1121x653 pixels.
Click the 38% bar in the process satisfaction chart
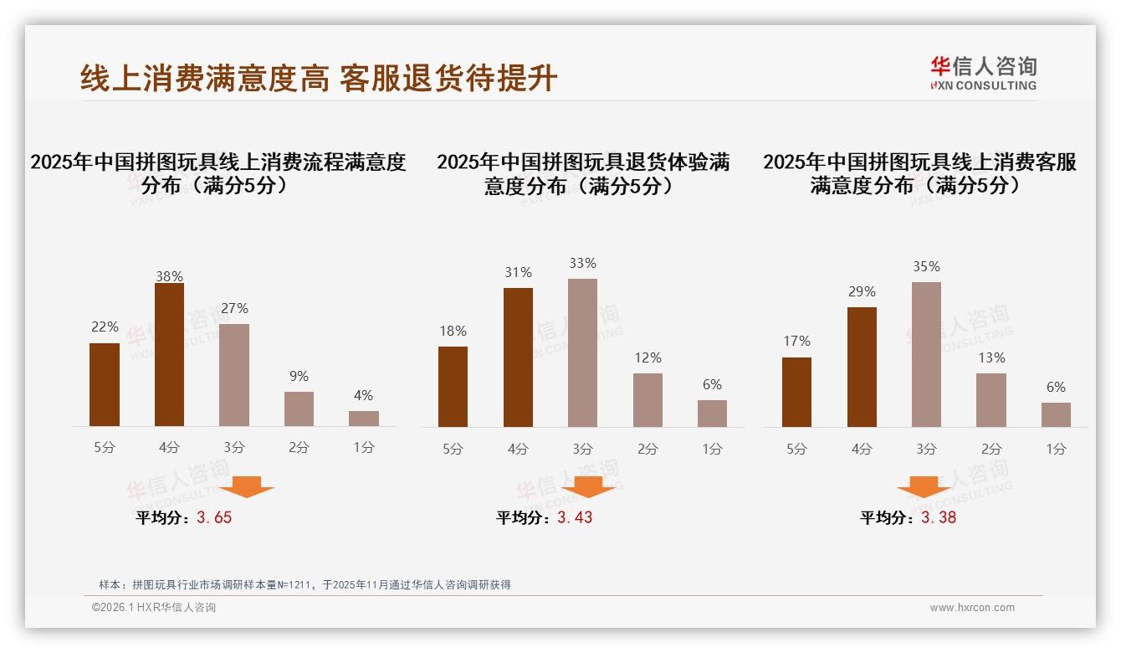click(x=169, y=355)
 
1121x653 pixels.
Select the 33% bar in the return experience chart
click(x=582, y=352)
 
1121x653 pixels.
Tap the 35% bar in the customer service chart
click(x=926, y=354)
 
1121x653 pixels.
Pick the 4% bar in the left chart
click(x=363, y=419)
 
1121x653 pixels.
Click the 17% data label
click(x=796, y=341)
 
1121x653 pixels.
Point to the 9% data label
click(x=299, y=376)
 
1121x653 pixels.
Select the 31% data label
click(x=518, y=272)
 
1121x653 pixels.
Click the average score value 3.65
click(x=214, y=517)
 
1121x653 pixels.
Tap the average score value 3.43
click(x=575, y=517)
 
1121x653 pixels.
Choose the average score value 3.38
click(x=939, y=517)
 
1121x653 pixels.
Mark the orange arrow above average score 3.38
click(x=924, y=486)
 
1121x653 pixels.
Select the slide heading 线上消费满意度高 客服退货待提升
click(x=319, y=79)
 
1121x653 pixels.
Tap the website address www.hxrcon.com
click(x=972, y=608)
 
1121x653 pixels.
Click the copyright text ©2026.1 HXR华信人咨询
click(x=154, y=608)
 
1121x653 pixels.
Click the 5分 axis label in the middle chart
click(x=453, y=449)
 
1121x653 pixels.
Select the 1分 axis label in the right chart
click(x=1056, y=449)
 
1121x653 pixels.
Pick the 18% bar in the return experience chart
click(x=453, y=387)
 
